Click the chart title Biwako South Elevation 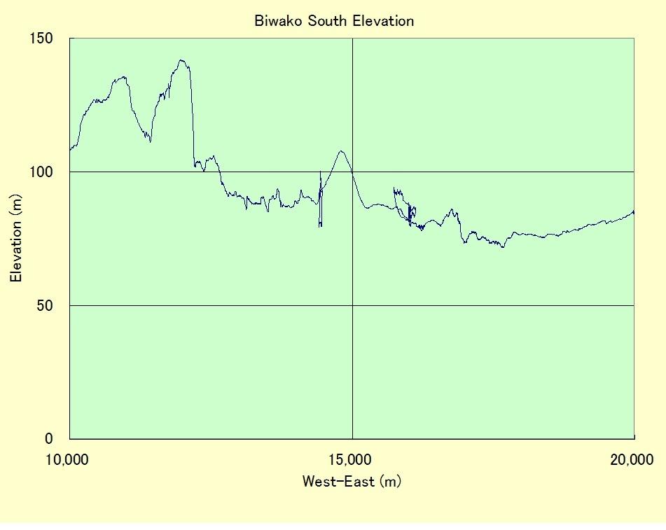334,21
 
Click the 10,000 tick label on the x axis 70,460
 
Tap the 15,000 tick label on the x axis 352,460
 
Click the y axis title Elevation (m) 16,238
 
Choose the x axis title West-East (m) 352,482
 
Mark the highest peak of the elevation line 182,60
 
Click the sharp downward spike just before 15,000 320,225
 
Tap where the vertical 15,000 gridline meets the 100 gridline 352,172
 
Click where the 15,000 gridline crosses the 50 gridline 352,305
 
